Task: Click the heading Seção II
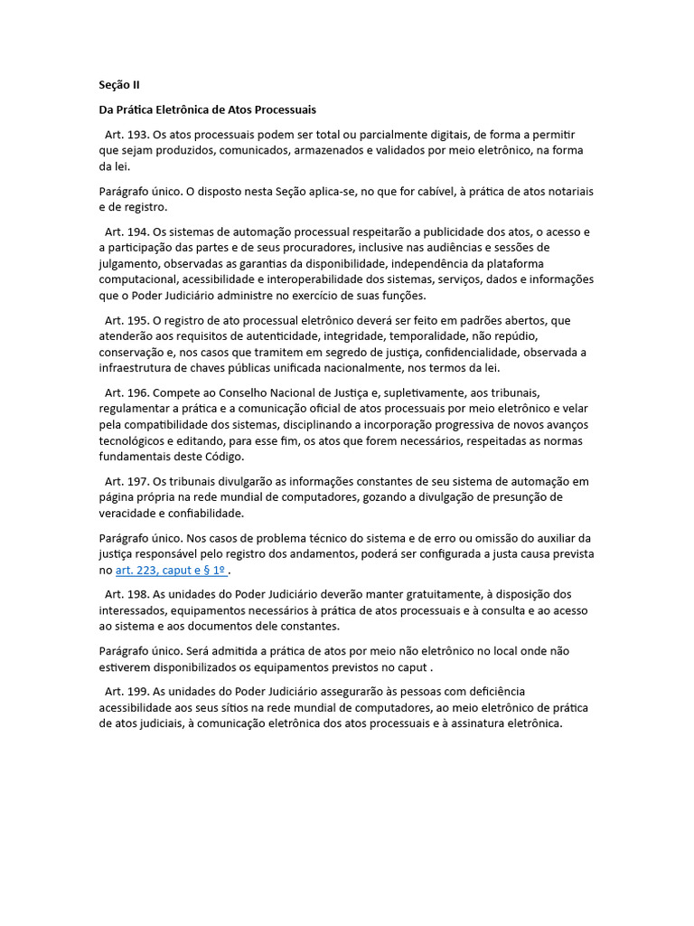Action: [119, 85]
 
